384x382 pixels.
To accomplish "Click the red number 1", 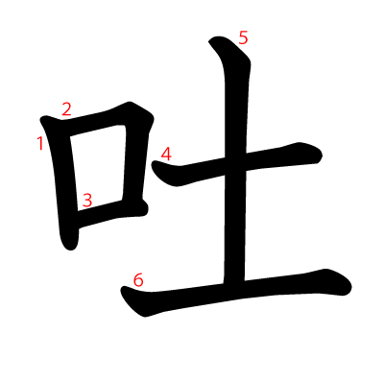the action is [x=40, y=143].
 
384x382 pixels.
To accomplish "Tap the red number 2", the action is [x=66, y=109].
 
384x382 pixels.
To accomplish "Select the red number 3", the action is [x=87, y=201].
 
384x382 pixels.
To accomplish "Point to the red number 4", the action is [x=166, y=154].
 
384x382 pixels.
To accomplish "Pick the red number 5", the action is [x=243, y=38].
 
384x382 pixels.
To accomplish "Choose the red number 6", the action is [x=138, y=280].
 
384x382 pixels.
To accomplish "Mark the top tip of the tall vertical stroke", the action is [x=211, y=40].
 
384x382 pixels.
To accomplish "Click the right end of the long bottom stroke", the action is [x=350, y=286].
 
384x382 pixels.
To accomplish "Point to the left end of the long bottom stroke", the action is [x=122, y=289].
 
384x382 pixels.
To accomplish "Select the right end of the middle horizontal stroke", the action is [x=321, y=155].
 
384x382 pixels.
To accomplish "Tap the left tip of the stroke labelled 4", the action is [x=153, y=163].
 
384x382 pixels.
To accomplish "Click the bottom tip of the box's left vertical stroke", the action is [x=70, y=249].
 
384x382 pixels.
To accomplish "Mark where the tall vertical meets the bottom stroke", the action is [x=234, y=286].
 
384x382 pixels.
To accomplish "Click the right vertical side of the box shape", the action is [x=134, y=160].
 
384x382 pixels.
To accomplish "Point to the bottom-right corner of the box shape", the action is [x=142, y=209].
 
